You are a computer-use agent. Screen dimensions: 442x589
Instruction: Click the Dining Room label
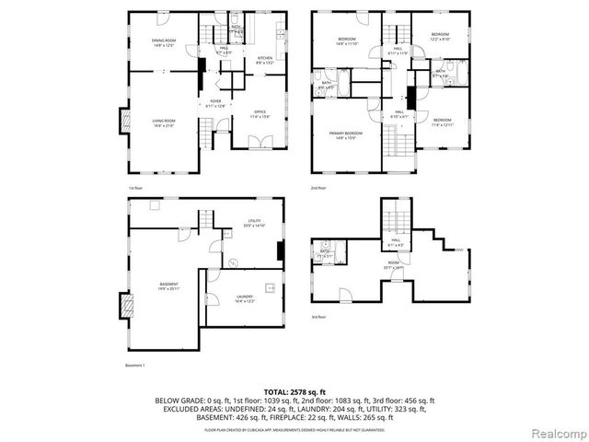coord(164,41)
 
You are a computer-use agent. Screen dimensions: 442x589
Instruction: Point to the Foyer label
coord(215,103)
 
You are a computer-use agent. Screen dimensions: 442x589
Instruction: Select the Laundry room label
coord(245,298)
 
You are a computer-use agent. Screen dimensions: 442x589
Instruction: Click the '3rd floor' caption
coord(318,317)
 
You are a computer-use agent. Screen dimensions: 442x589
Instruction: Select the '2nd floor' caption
coord(318,187)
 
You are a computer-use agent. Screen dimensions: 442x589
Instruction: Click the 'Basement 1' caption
coord(135,366)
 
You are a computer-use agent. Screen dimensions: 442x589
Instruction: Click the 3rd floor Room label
coord(394,263)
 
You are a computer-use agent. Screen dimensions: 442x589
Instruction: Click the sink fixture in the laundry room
coord(271,286)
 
